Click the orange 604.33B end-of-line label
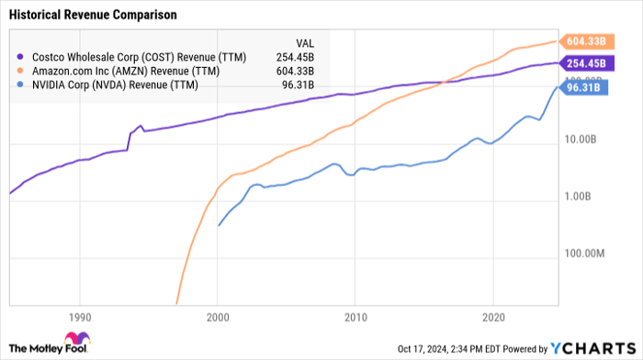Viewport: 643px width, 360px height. pos(584,40)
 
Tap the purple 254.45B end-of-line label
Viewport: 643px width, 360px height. pos(584,63)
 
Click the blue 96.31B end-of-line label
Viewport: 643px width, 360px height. pos(584,89)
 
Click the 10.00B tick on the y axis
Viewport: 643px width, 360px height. pos(582,141)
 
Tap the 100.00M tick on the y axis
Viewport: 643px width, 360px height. pos(581,253)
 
